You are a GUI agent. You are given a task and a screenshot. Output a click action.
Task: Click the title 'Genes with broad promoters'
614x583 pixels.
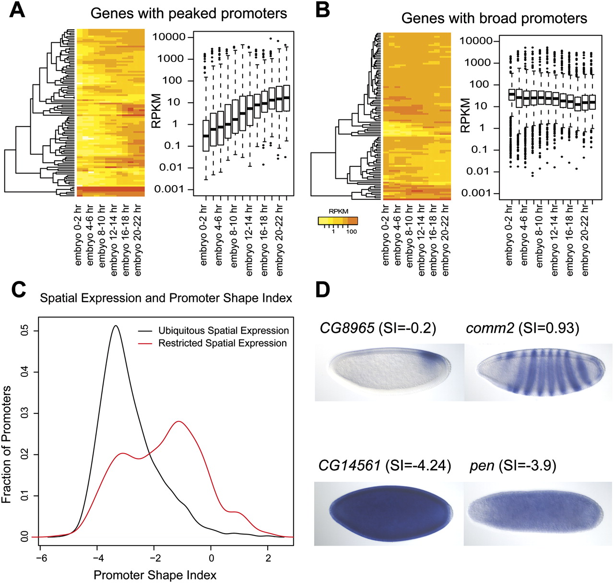pos(494,18)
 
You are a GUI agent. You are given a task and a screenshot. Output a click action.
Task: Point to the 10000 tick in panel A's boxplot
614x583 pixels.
pos(169,37)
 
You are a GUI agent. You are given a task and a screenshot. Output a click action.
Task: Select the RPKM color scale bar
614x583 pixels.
pos(338,221)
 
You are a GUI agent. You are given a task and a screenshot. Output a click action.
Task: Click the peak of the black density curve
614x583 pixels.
pos(116,326)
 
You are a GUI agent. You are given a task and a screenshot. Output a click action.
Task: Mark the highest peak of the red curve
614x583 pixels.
pos(178,421)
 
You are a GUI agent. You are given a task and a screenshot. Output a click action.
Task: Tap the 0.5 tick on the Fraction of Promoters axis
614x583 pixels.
pos(25,331)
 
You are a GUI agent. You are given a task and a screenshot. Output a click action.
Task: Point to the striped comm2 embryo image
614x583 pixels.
pos(538,372)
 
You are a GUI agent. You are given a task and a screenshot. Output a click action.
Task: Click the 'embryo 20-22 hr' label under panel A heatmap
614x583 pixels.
pos(138,240)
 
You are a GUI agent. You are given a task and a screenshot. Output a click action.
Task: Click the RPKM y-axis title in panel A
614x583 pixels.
pos(156,111)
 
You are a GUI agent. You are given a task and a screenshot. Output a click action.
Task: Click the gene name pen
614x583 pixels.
pos(482,466)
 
